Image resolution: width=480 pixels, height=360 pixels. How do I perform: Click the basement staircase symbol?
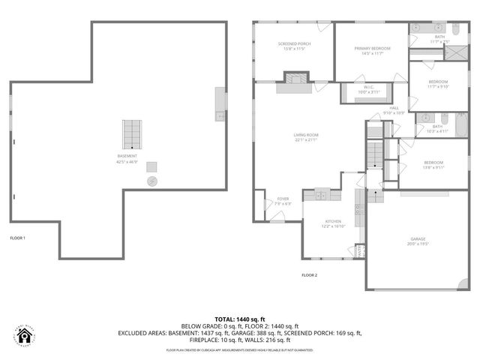(x=133, y=133)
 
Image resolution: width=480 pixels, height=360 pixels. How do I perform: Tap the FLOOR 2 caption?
(x=309, y=275)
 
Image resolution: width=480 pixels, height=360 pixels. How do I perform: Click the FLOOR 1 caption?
(x=17, y=238)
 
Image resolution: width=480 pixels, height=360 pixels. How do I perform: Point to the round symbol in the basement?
(x=151, y=181)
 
